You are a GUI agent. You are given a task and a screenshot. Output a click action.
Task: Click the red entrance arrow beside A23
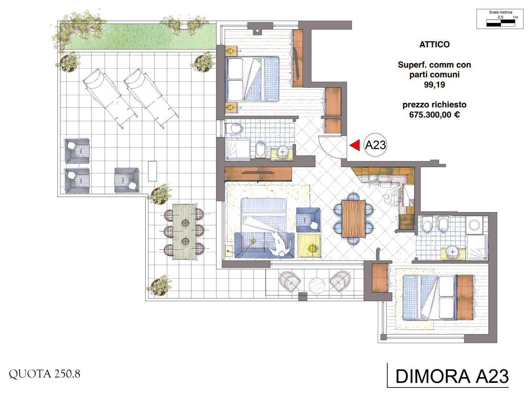(x=355, y=145)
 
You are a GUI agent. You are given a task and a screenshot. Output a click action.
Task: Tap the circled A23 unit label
(x=375, y=145)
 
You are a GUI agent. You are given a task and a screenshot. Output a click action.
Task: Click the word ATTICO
(x=434, y=44)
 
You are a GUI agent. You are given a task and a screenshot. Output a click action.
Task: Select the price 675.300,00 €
(x=434, y=115)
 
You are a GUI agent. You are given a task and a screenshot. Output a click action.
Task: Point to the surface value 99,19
(x=434, y=85)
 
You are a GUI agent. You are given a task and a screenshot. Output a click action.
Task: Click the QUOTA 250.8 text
(x=45, y=374)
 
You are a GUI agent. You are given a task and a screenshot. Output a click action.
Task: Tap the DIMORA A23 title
(x=452, y=376)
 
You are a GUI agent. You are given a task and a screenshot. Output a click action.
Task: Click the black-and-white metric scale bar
(x=501, y=23)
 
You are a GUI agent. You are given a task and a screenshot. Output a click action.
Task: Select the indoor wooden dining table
(x=353, y=219)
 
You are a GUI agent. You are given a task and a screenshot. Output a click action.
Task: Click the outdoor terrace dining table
(x=185, y=231)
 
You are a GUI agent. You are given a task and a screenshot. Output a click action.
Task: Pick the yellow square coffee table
(x=309, y=246)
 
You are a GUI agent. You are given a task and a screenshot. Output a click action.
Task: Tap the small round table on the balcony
(x=317, y=285)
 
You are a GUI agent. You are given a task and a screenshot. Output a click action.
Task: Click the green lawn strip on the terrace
(x=139, y=36)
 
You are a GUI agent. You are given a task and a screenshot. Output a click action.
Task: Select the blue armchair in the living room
(x=308, y=220)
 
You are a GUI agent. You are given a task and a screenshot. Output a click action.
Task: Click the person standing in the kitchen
(x=391, y=196)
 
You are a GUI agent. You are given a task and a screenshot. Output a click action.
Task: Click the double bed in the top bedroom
(x=253, y=79)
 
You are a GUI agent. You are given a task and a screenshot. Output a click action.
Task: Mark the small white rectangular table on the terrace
(x=152, y=171)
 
